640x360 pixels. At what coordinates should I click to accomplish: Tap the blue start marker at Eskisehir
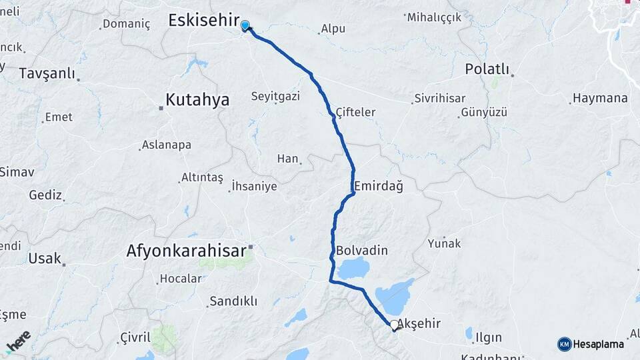[245, 26]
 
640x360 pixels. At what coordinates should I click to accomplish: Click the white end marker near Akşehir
[394, 325]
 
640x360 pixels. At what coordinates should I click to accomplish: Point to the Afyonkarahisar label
[186, 251]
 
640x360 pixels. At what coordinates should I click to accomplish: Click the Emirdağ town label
[379, 187]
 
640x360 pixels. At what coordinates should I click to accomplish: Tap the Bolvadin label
[362, 251]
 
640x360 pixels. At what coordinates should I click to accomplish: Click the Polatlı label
[487, 69]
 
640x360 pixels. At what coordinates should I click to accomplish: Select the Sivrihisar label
[439, 98]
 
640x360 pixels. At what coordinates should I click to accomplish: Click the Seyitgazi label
[275, 97]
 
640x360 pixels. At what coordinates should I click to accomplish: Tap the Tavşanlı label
[47, 73]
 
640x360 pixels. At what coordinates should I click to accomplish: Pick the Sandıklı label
[233, 301]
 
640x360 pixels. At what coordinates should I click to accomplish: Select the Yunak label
[445, 243]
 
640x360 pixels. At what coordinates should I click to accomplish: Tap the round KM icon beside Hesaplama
[564, 344]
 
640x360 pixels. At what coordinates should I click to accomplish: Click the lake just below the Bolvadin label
[354, 269]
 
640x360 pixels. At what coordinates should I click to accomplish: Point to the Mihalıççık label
[433, 17]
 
